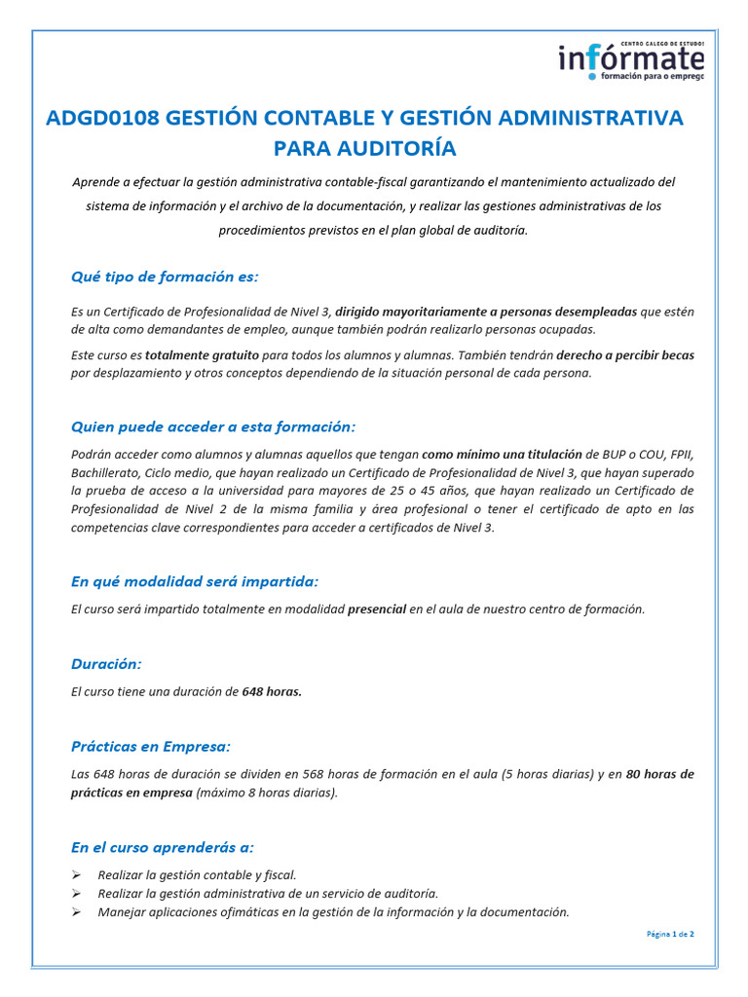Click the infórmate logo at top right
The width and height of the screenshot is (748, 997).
click(631, 60)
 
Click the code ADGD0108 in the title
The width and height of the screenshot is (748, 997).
click(102, 118)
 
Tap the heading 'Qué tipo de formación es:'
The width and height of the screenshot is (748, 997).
click(165, 277)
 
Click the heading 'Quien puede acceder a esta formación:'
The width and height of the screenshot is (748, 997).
click(213, 426)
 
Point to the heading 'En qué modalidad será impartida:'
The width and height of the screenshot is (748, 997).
click(195, 581)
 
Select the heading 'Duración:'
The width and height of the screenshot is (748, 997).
click(106, 664)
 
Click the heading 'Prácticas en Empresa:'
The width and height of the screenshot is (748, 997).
click(151, 747)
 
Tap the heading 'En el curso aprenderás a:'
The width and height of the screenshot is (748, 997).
click(163, 847)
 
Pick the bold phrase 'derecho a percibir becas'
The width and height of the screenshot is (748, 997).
click(624, 355)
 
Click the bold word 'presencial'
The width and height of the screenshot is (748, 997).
click(377, 609)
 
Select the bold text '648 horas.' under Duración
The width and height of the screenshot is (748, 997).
click(272, 692)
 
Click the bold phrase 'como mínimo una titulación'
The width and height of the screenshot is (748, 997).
click(502, 455)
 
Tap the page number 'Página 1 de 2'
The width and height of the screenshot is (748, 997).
click(670, 935)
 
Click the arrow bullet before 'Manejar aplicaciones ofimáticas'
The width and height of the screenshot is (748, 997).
click(77, 913)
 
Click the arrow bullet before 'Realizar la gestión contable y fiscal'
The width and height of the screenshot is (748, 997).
click(77, 875)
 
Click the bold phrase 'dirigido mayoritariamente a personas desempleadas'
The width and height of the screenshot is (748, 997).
click(486, 312)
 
